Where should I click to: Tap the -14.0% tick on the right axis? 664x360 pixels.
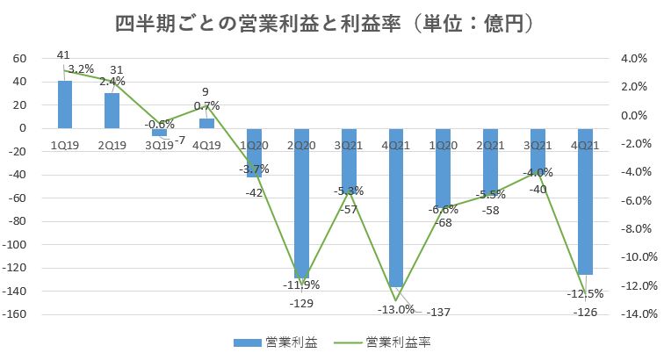(634, 314)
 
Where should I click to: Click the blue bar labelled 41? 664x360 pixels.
(64, 104)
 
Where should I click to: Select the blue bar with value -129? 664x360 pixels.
(301, 203)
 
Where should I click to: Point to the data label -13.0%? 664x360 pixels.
(395, 309)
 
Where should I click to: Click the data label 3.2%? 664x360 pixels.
(81, 68)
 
